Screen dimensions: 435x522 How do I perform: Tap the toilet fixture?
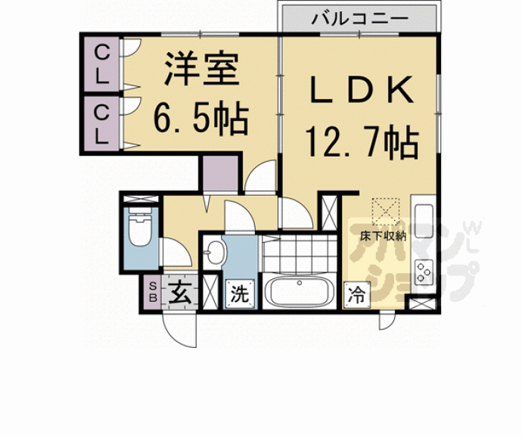pos(141,229)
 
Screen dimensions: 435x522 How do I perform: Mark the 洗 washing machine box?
pos(239,294)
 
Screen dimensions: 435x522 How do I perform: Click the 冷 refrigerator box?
pos(356,294)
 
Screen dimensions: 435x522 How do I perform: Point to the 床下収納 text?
pos(384,235)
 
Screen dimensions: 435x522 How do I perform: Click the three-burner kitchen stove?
pos(423,269)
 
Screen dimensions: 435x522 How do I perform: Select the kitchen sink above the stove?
pos(422,219)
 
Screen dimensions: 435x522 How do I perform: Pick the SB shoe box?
pos(152,292)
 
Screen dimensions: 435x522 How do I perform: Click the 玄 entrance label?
pos(179,292)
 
